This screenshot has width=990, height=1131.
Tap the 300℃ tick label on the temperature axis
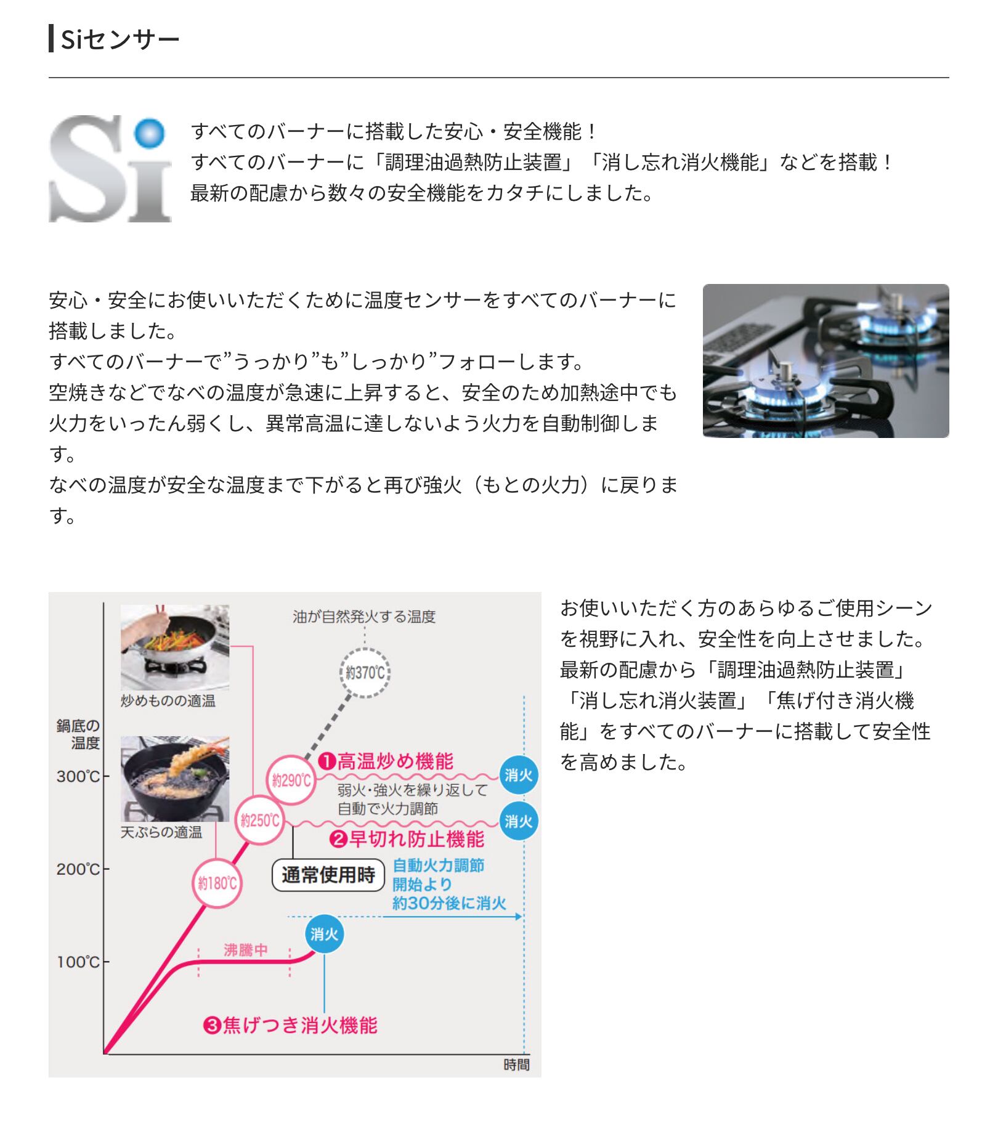pyautogui.click(x=78, y=776)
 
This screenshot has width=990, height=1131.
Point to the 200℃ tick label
pyautogui.click(x=78, y=869)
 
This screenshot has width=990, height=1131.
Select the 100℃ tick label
pyautogui.click(x=78, y=962)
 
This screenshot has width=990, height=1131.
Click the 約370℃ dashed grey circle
pyautogui.click(x=365, y=673)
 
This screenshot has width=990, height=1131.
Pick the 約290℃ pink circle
pyautogui.click(x=291, y=780)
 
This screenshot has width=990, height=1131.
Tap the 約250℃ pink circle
pyautogui.click(x=260, y=821)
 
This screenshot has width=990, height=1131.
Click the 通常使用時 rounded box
pyautogui.click(x=328, y=875)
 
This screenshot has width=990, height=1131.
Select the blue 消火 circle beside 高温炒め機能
pyautogui.click(x=519, y=775)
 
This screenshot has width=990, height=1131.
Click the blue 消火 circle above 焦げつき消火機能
pyautogui.click(x=324, y=934)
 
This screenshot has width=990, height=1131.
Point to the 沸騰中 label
pyautogui.click(x=245, y=950)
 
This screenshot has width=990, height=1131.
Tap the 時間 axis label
pyautogui.click(x=516, y=1064)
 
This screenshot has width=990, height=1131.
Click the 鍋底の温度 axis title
pyautogui.click(x=78, y=734)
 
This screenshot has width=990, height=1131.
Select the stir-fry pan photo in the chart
pyautogui.click(x=175, y=647)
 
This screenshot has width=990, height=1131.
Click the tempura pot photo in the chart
pyautogui.click(x=175, y=778)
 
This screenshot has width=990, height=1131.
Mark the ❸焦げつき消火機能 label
pyautogui.click(x=290, y=1025)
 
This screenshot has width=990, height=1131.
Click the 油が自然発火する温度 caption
pyautogui.click(x=364, y=617)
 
